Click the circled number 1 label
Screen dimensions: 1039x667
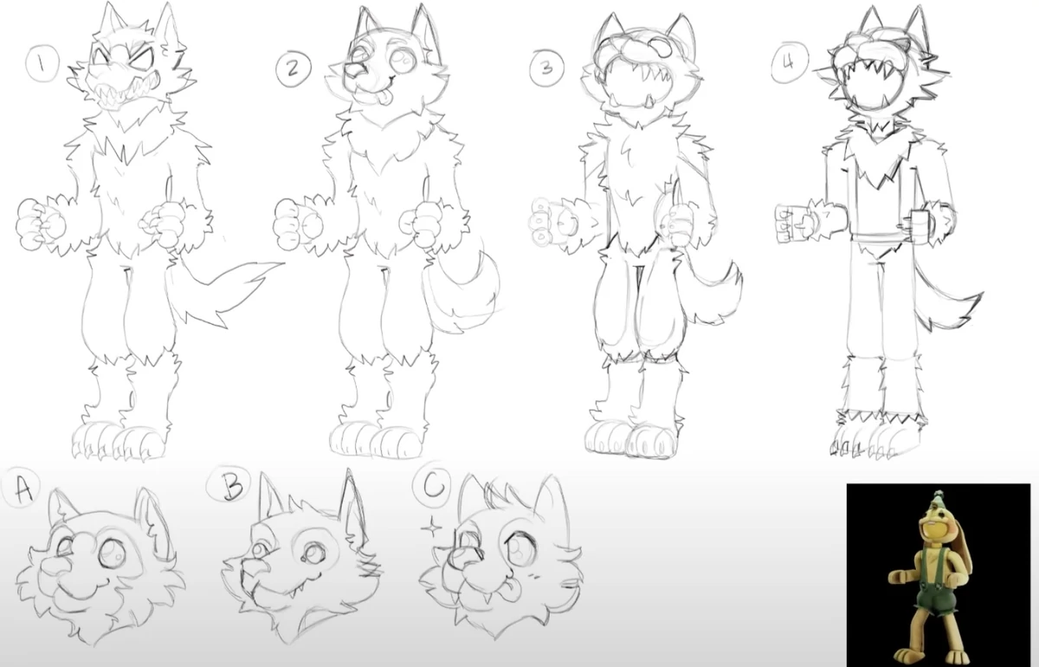(42, 64)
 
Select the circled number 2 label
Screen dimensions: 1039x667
(294, 68)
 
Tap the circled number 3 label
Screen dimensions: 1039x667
(547, 68)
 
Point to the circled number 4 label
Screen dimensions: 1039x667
(789, 63)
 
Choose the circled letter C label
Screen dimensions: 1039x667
(432, 483)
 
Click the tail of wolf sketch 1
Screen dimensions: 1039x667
(223, 288)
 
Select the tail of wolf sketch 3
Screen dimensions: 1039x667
(710, 288)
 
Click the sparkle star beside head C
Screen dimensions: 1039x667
(432, 528)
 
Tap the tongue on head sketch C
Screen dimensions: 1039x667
(512, 592)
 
